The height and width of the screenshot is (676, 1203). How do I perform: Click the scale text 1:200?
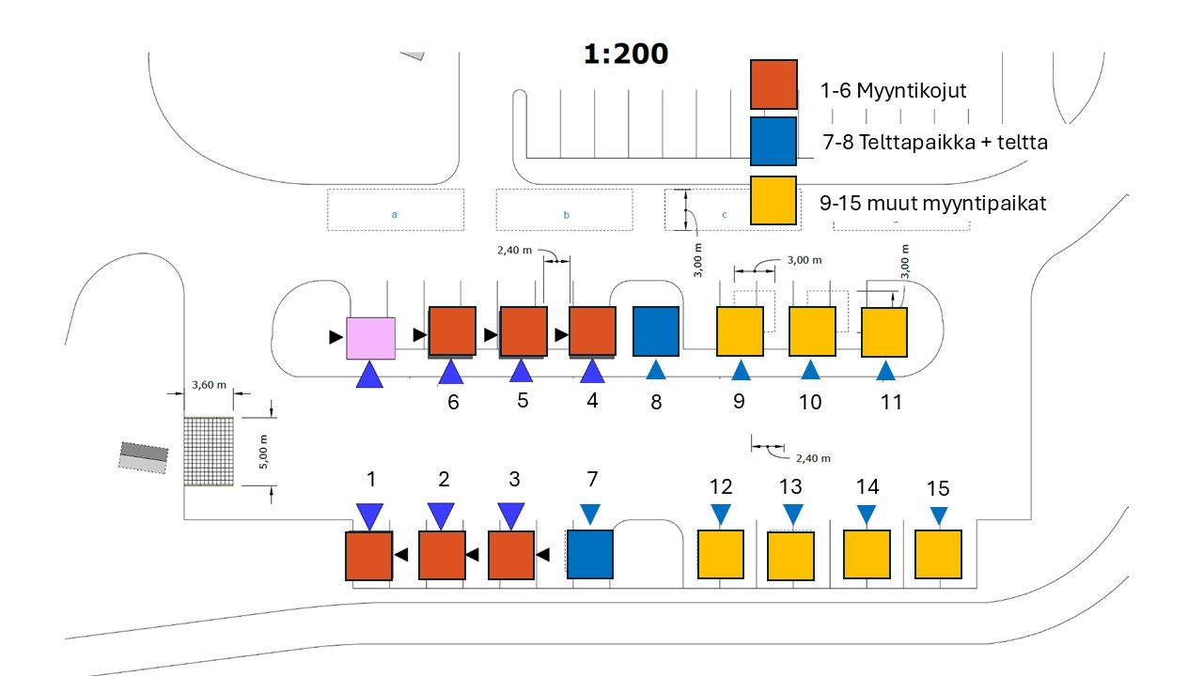(x=626, y=54)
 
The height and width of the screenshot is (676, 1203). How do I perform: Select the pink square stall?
(x=371, y=338)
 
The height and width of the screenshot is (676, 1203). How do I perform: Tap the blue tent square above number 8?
(x=656, y=331)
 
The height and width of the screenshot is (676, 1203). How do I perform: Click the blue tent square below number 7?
(x=589, y=554)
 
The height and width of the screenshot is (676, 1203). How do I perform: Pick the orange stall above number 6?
(x=453, y=331)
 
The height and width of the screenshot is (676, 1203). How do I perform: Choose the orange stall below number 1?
(x=368, y=556)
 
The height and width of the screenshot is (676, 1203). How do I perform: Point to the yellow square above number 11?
(x=884, y=332)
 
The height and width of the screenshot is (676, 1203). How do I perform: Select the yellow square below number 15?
(x=938, y=555)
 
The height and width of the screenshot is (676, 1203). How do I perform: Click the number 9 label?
(x=739, y=402)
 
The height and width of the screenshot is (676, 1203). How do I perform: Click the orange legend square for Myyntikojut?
(x=773, y=84)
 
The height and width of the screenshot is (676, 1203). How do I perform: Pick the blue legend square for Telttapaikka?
(x=773, y=142)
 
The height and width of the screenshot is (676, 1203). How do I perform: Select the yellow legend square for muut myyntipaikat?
(x=773, y=200)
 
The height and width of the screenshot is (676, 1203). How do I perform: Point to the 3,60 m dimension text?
(x=208, y=384)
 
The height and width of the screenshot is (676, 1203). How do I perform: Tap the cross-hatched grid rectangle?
(x=208, y=451)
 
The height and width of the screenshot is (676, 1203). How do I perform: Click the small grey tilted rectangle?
(x=144, y=457)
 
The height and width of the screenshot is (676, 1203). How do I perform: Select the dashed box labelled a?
(x=395, y=210)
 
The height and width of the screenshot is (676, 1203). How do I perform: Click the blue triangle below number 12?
(x=721, y=515)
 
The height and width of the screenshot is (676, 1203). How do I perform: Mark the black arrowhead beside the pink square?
(x=336, y=337)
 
